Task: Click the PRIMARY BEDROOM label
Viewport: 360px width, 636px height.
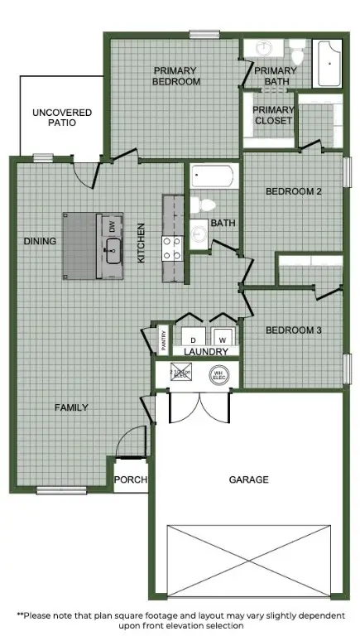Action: click(176, 76)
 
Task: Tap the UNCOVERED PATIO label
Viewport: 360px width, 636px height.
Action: click(62, 117)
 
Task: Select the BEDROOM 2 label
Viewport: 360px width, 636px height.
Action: click(292, 191)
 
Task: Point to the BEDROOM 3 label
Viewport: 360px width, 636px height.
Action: click(292, 330)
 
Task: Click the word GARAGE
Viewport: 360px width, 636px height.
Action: click(247, 479)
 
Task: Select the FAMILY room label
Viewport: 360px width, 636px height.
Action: click(72, 407)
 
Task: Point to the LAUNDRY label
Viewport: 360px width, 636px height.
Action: click(206, 352)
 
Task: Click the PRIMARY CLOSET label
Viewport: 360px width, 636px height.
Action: click(273, 115)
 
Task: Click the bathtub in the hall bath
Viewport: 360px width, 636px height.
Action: click(214, 176)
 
